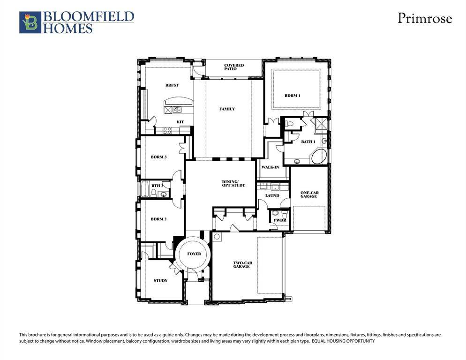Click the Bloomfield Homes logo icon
[30, 22]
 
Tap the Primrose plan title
[425, 18]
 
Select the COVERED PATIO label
[233, 67]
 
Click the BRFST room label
[171, 85]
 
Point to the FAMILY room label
[227, 109]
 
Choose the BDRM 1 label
[292, 96]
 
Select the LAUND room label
[272, 195]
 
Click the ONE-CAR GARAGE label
[309, 194]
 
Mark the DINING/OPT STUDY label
[233, 183]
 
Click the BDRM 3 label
[158, 157]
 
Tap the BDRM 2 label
[158, 219]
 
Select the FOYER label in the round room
[194, 254]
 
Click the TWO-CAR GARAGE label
[242, 265]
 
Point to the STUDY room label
[160, 280]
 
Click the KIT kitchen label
[180, 122]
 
